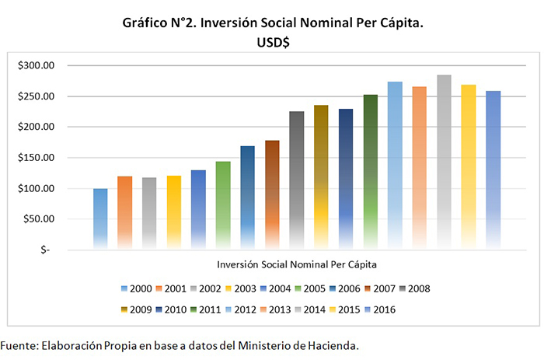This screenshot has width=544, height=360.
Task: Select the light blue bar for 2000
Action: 100,218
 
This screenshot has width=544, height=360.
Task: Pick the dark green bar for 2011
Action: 370,172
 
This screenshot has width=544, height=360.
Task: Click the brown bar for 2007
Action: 272,194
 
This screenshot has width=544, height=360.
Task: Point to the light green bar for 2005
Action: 223,205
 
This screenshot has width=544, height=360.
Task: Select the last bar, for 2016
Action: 493,170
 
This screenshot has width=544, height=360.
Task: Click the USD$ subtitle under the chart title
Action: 273,44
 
